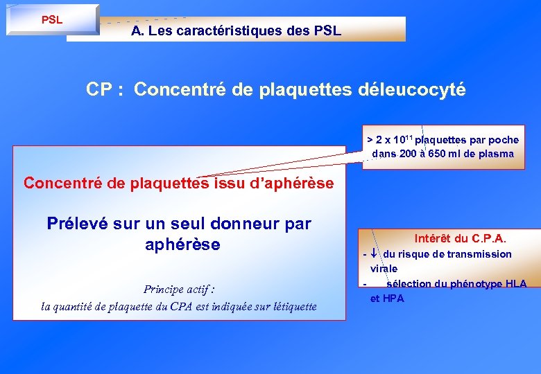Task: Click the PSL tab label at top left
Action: [x=52, y=19]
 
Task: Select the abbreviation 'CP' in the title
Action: [x=100, y=89]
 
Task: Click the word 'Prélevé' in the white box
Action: [x=74, y=224]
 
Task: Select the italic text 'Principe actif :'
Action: [x=179, y=290]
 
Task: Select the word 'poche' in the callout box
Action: [x=502, y=140]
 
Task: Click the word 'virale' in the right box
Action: [x=384, y=268]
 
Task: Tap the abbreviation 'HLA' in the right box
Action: [x=515, y=283]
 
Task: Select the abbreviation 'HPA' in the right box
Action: [x=393, y=299]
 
